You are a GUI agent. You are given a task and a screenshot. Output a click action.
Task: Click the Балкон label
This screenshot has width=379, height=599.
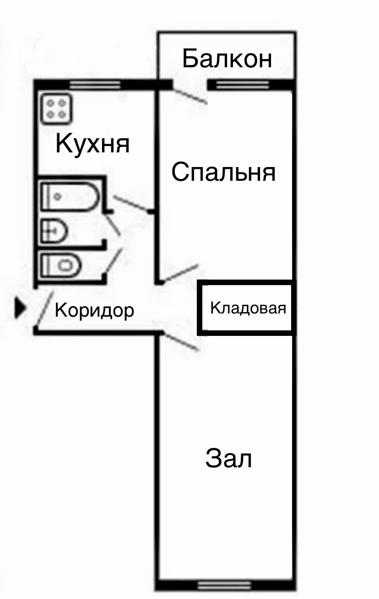click(x=227, y=59)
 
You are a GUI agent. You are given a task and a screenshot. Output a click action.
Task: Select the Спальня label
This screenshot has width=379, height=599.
click(x=223, y=173)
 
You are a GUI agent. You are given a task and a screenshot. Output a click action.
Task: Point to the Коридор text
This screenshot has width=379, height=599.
click(x=94, y=311)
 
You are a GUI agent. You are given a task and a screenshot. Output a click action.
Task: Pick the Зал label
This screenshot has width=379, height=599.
click(x=228, y=459)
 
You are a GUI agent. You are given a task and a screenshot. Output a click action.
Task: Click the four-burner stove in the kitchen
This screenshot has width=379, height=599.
click(x=56, y=108)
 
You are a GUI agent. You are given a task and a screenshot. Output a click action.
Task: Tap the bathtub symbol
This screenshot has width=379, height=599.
click(x=70, y=196)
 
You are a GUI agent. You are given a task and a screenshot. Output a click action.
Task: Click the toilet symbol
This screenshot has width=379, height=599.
click(x=61, y=265)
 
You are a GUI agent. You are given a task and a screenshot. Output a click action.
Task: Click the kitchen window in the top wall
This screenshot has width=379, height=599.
click(x=95, y=85)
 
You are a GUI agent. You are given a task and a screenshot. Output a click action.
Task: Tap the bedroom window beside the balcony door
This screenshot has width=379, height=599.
click(x=242, y=85)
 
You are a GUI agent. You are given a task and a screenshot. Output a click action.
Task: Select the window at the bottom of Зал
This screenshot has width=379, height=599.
click(x=224, y=585)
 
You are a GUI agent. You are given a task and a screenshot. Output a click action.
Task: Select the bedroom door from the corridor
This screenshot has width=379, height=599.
click(x=180, y=273)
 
